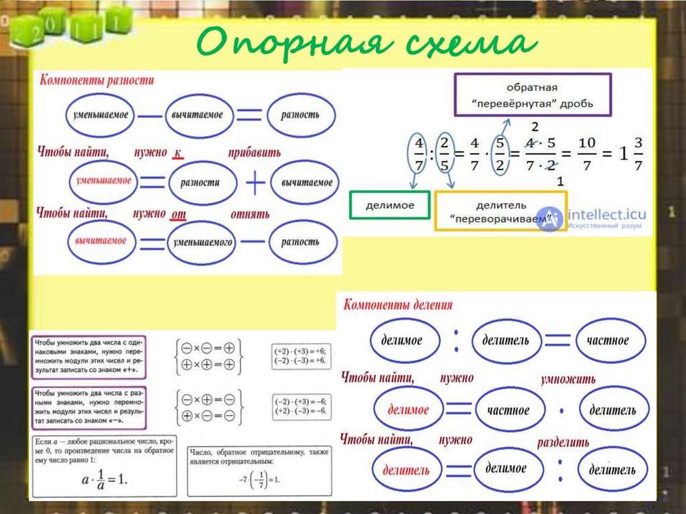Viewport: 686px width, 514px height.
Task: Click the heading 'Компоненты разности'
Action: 97,80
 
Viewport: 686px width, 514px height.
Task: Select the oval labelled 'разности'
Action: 203,182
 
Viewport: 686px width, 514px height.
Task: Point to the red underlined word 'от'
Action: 178,214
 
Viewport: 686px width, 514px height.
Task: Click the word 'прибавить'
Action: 254,152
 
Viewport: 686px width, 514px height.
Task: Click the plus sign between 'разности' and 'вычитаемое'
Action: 255,182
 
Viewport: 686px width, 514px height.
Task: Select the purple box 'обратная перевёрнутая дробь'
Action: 532,95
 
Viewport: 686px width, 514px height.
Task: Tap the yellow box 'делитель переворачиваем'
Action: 500,211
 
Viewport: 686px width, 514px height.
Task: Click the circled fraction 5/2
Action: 498,154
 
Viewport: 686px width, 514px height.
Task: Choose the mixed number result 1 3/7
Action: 629,153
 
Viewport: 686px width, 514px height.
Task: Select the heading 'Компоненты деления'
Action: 398,305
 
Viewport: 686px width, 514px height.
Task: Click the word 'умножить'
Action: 567,380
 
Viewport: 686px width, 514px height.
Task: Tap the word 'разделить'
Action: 563,442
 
